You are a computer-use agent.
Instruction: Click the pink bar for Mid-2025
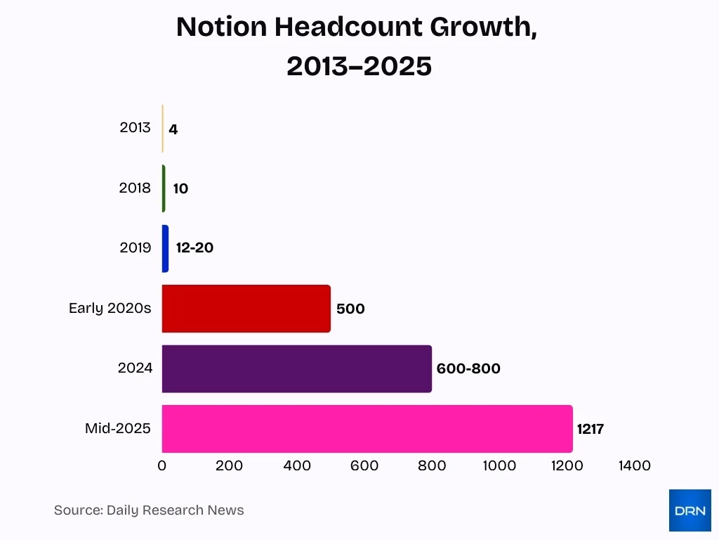click(367, 429)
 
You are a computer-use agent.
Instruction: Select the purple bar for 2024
click(296, 368)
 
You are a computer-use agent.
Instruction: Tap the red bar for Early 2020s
click(246, 309)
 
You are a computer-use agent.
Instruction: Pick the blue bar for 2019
click(165, 248)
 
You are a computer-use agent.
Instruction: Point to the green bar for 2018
click(164, 188)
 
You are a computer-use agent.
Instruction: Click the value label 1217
click(591, 429)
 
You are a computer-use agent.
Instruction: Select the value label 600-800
click(468, 368)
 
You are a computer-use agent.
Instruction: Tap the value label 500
click(350, 309)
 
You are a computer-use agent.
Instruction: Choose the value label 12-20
click(194, 248)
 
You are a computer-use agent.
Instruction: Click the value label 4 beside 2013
click(173, 129)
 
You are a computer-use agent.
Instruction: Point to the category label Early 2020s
click(110, 309)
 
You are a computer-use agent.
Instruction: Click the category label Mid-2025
click(117, 428)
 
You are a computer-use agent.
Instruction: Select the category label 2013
click(135, 128)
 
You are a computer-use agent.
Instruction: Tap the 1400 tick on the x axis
click(634, 465)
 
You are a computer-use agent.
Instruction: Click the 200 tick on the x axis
click(229, 465)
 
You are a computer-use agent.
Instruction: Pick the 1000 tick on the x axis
click(499, 465)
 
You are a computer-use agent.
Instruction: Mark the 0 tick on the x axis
click(162, 465)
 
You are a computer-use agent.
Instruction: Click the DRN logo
click(690, 510)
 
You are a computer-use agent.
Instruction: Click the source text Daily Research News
click(175, 510)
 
